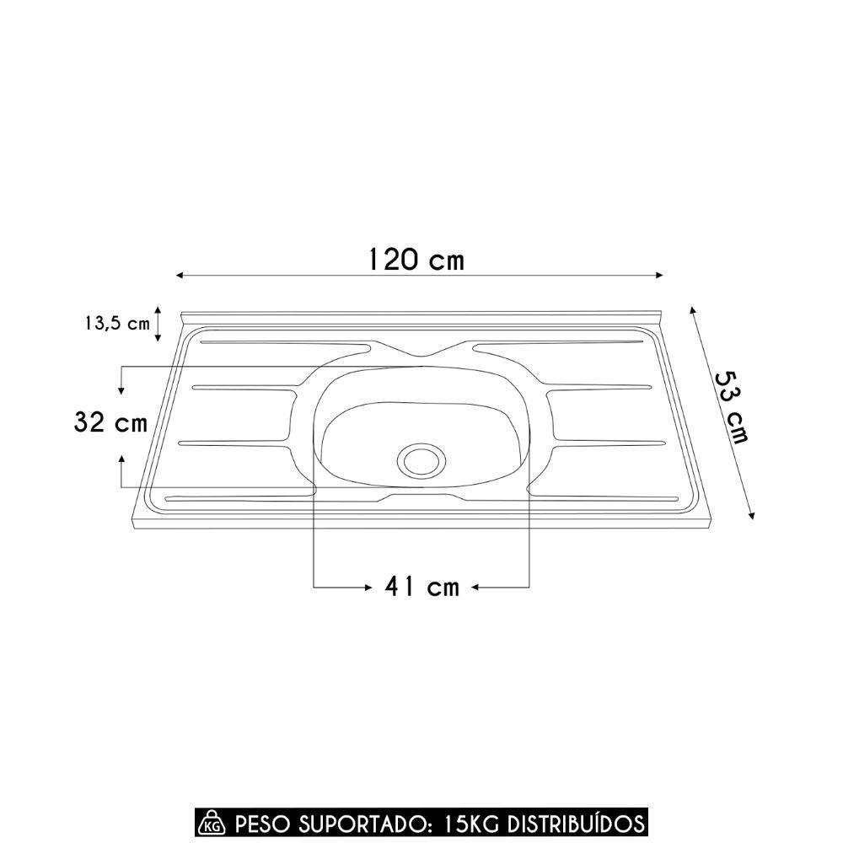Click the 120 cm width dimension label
pyautogui.click(x=416, y=259)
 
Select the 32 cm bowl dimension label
pyautogui.click(x=110, y=422)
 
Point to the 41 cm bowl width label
pyautogui.click(x=422, y=586)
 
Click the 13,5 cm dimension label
pyautogui.click(x=117, y=324)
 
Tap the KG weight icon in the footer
pyautogui.click(x=210, y=822)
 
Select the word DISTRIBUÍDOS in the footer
pyautogui.click(x=572, y=822)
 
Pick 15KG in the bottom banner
pyautogui.click(x=469, y=822)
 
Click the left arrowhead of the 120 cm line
pyautogui.click(x=180, y=276)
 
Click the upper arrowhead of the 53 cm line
pyautogui.click(x=692, y=310)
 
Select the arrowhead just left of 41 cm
pyautogui.click(x=368, y=586)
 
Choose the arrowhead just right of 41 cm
pyautogui.click(x=475, y=586)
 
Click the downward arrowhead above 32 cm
pyautogui.click(x=122, y=390)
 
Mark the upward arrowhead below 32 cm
pyautogui.click(x=122, y=458)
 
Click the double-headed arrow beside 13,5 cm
pyautogui.click(x=158, y=324)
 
